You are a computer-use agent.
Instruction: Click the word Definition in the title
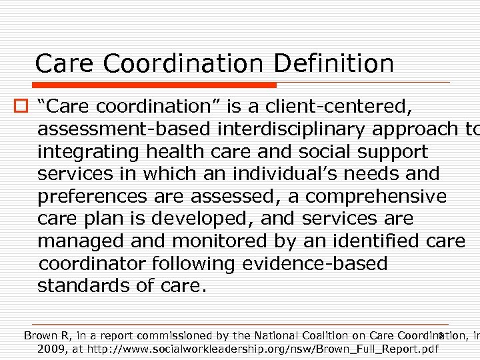coord(333,64)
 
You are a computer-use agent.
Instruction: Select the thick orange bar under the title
coord(155,85)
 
